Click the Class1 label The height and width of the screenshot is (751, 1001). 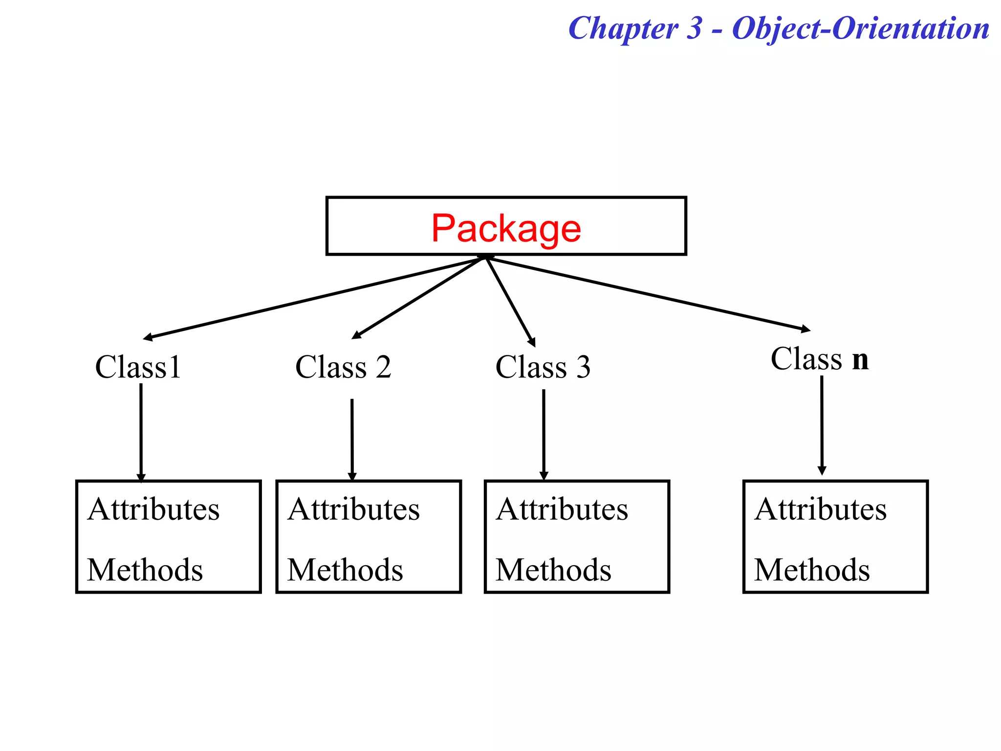click(x=138, y=367)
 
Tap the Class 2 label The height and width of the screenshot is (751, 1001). click(x=343, y=367)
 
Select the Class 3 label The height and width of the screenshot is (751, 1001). click(x=543, y=367)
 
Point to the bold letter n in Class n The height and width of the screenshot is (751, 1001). click(x=860, y=360)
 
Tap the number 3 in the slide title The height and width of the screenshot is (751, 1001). click(x=694, y=28)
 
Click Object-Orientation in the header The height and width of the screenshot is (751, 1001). click(x=860, y=28)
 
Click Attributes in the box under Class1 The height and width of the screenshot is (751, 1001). click(x=153, y=509)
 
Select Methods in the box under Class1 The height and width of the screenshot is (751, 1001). click(x=145, y=570)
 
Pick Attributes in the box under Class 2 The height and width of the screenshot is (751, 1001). click(x=353, y=509)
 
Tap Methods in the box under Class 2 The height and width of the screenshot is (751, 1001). click(x=345, y=570)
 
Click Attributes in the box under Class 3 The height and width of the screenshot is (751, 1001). click(x=562, y=509)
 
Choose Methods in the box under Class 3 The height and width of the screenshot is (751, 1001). click(x=553, y=570)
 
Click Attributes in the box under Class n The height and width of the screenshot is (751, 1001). click(x=820, y=509)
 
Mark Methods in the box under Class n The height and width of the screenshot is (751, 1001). click(x=812, y=570)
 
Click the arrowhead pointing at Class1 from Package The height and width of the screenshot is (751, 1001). click(x=147, y=337)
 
